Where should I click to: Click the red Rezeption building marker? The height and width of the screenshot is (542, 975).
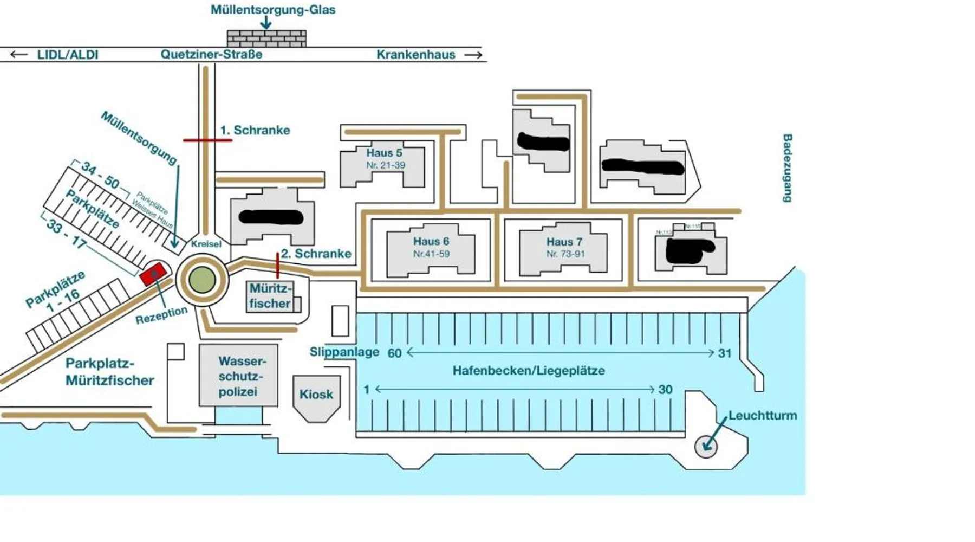[153, 274]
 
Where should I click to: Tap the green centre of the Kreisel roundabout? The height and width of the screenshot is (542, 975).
[201, 280]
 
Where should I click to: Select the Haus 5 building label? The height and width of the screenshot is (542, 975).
[384, 153]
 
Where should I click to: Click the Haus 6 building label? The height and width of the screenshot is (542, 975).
[431, 241]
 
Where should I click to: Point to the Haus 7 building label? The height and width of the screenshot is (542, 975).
[564, 242]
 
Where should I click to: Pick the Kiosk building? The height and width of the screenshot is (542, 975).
[316, 395]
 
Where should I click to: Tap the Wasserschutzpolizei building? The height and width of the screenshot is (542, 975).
[238, 376]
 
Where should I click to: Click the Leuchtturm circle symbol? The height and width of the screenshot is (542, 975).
[706, 447]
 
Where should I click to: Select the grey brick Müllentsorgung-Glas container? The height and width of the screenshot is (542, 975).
[266, 38]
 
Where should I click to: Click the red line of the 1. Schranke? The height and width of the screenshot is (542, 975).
[207, 140]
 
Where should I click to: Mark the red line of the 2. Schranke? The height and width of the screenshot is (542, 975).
[278, 264]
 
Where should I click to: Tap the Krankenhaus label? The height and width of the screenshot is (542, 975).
[416, 55]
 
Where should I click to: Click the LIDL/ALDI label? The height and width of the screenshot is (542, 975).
[68, 55]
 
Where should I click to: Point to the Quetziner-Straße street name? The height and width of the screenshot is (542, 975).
[211, 55]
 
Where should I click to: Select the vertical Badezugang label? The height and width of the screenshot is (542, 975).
[787, 168]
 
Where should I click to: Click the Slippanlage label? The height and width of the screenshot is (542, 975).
[344, 352]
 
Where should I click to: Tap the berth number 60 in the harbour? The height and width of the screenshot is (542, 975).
[394, 353]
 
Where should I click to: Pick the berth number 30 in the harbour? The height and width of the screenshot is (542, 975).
[665, 390]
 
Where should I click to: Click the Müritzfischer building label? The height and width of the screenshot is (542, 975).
[270, 296]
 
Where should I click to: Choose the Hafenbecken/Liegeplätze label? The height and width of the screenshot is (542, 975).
[529, 371]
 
